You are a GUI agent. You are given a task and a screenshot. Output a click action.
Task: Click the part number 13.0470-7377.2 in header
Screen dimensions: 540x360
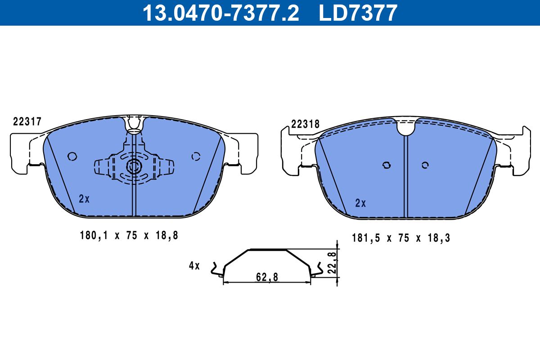point(221,13)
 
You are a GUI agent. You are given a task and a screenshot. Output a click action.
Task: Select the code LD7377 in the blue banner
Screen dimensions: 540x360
point(358,13)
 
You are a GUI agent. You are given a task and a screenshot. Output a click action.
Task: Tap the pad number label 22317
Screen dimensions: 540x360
point(27,121)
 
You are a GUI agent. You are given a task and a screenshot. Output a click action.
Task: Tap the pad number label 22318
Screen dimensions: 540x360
point(305,124)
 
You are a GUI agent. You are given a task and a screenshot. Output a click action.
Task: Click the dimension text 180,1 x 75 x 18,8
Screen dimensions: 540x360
point(129,235)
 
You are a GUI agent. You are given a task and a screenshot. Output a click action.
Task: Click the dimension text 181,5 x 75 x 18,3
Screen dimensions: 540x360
point(401,238)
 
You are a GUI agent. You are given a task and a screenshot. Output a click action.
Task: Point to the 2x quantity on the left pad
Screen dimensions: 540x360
point(84,199)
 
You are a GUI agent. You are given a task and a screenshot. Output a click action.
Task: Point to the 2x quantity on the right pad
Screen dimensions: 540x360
point(360,203)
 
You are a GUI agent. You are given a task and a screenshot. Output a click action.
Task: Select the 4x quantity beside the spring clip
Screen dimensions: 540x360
point(194,265)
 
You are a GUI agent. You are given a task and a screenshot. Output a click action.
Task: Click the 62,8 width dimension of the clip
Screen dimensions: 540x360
point(267,277)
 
